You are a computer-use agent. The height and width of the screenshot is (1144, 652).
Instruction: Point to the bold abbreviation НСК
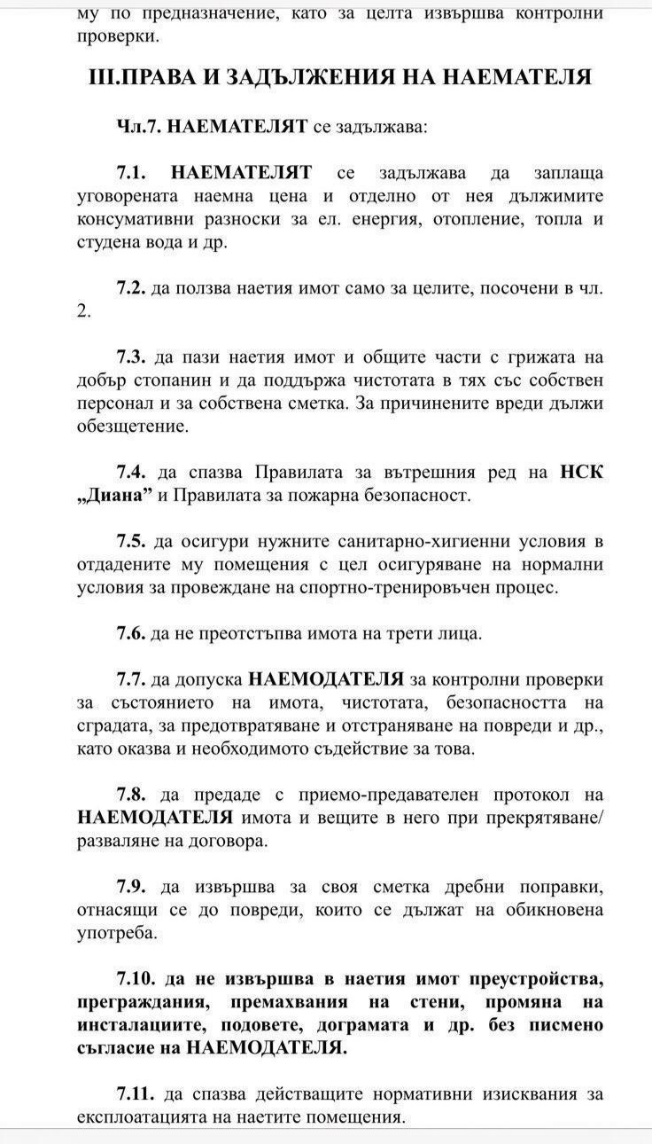point(581,473)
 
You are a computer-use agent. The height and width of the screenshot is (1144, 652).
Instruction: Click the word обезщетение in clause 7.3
point(131,427)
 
